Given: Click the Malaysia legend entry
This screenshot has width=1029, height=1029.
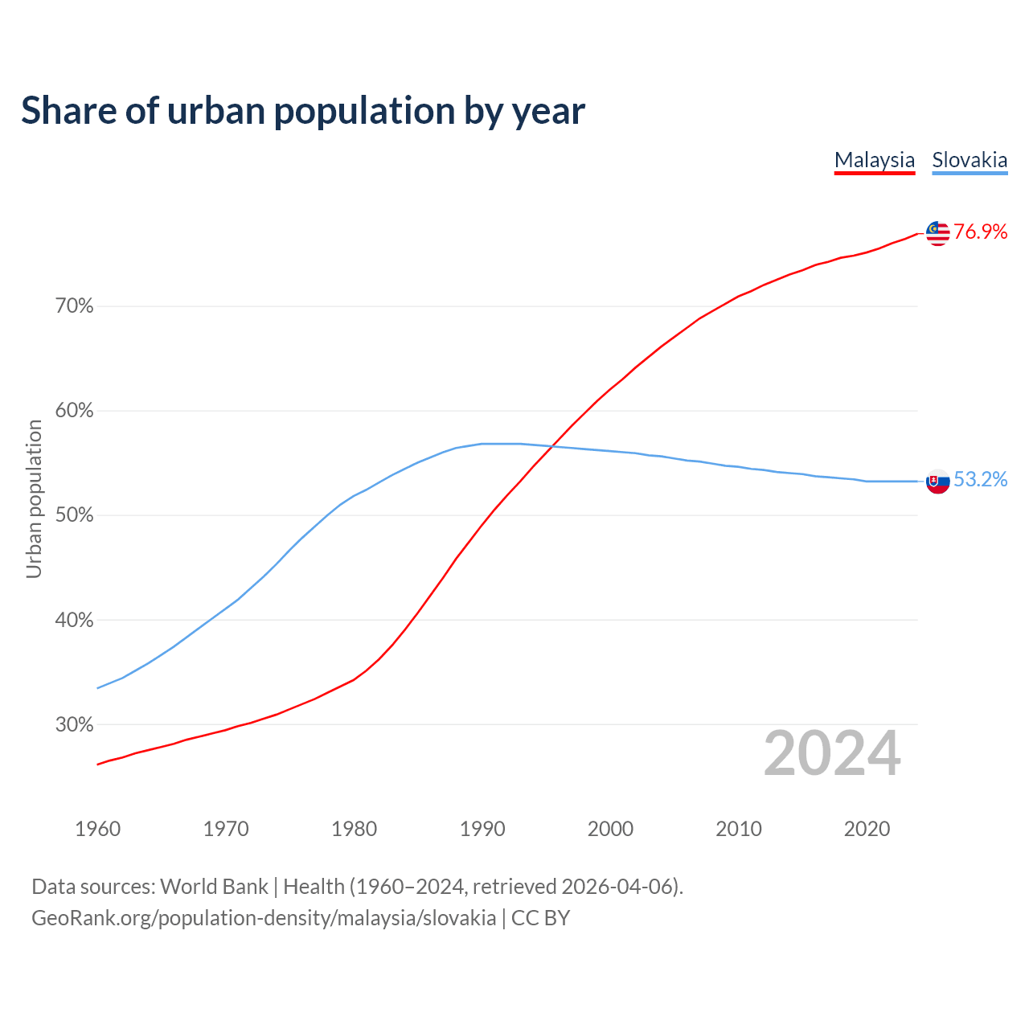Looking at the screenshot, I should point(875,160).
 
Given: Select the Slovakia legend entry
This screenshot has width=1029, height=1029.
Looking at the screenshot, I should point(970,160).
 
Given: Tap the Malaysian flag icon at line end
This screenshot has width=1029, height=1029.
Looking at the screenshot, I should point(937,233).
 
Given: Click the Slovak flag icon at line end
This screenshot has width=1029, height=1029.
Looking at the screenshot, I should point(937,481).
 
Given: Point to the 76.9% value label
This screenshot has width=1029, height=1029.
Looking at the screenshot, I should point(981,232).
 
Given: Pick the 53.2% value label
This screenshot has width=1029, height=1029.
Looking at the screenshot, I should point(981,480).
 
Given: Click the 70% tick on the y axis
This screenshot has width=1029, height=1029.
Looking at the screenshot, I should point(75,306).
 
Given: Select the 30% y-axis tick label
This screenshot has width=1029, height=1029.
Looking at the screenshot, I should point(75,725).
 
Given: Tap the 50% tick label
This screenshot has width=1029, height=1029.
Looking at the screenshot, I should point(75,515).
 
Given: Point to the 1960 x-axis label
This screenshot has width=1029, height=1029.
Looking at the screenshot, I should point(98,829).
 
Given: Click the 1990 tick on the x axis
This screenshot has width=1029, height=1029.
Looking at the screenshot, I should point(482,829).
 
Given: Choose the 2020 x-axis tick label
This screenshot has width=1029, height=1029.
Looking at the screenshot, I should point(867,829).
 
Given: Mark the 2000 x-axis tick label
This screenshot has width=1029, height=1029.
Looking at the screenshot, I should point(610,829).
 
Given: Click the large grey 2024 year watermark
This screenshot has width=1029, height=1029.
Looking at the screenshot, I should point(832,754).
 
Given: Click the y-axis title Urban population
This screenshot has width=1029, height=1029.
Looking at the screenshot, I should point(34,499).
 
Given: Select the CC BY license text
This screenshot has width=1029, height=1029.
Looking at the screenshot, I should point(540,918).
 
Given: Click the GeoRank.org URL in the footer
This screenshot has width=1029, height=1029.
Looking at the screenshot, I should point(264,918).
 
